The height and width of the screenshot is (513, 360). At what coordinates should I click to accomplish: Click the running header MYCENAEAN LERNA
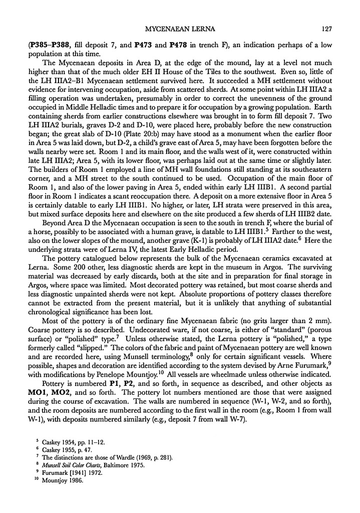180,29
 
